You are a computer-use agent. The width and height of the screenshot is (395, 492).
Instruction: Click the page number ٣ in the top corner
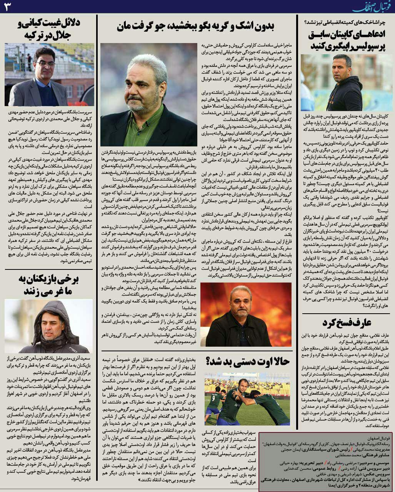pyautogui.click(x=8, y=6)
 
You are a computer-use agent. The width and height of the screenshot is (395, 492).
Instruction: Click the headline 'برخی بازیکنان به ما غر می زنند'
pyautogui.click(x=48, y=285)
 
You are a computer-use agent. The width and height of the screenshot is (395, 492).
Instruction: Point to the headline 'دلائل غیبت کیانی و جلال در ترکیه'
pyautogui.click(x=49, y=30)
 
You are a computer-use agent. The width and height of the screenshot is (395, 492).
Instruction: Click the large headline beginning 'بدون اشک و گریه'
pyautogui.click(x=197, y=26)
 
